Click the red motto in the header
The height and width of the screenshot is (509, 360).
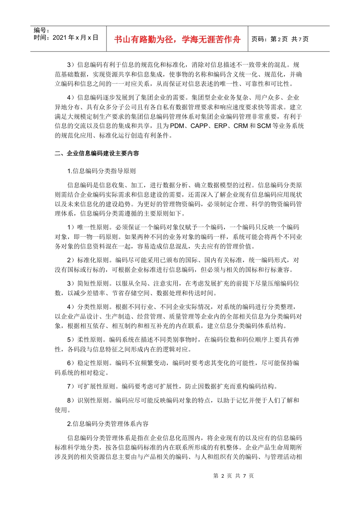pos(177,39)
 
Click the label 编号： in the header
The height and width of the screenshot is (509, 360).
pos(42,30)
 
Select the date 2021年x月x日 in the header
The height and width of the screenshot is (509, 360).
pos(75,37)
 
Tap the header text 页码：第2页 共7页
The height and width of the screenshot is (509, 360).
pos(280,39)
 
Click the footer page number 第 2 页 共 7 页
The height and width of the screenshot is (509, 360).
pos(233,476)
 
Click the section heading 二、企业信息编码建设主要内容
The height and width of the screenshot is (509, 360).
pos(97,153)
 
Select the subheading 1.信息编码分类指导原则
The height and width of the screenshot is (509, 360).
pos(102,171)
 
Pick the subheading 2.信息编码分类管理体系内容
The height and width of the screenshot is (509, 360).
pos(108,424)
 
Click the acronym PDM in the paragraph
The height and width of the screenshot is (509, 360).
pos(177,126)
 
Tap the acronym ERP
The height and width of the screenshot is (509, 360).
pos(221,126)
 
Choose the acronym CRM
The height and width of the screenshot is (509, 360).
pos(241,126)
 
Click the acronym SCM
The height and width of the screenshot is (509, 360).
pos(264,126)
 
